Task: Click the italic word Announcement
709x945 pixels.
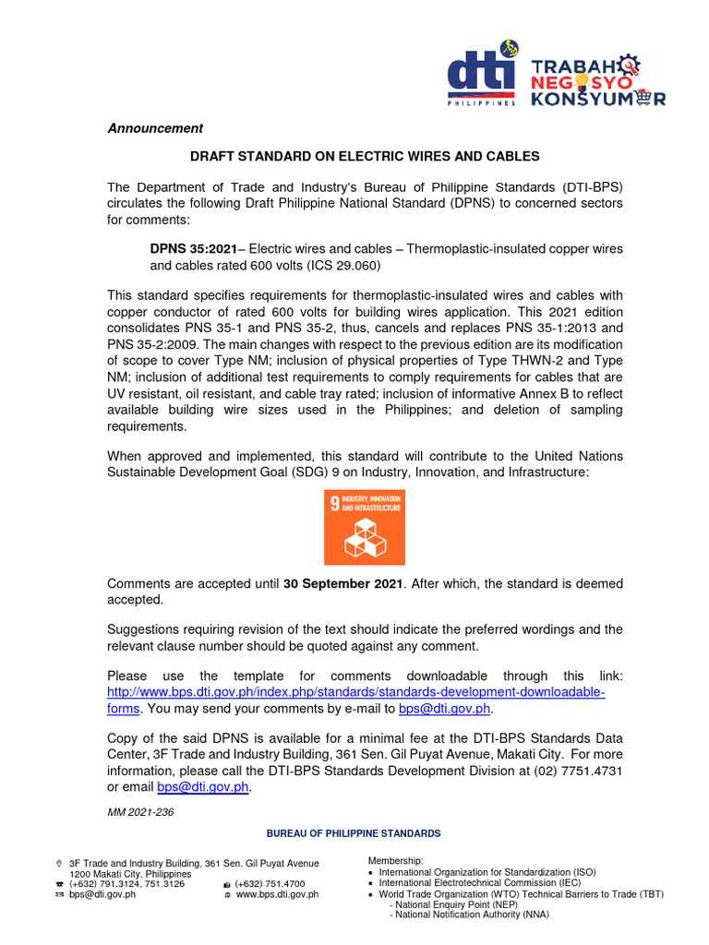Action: [x=155, y=128]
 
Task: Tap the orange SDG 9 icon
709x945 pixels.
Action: [x=364, y=527]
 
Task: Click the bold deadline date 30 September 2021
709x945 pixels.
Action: [x=342, y=584]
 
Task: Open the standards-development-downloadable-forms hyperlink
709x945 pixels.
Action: [x=355, y=692]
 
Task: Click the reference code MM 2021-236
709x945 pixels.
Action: [x=140, y=812]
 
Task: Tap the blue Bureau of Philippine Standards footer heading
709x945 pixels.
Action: [x=354, y=833]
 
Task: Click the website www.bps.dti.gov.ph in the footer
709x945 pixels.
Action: [x=277, y=894]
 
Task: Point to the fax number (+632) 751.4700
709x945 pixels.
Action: [x=268, y=884]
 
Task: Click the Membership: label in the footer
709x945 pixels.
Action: [x=396, y=861]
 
